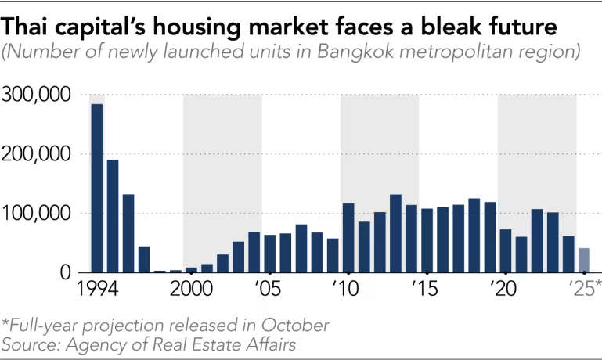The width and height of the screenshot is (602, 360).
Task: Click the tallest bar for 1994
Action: (x=97, y=188)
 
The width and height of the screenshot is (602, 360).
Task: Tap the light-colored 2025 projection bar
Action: (x=584, y=260)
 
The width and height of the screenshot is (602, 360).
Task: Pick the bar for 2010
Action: (x=348, y=238)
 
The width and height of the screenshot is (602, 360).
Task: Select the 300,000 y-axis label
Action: (x=38, y=95)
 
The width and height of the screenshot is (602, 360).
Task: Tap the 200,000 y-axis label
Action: (x=38, y=154)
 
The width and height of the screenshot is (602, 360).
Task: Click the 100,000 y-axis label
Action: (x=38, y=214)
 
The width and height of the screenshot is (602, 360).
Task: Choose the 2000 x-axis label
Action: (x=191, y=289)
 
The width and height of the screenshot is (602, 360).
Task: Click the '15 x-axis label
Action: (x=426, y=289)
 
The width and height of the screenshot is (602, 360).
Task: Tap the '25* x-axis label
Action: (x=584, y=289)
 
